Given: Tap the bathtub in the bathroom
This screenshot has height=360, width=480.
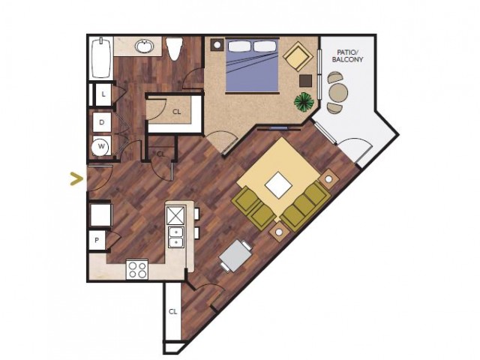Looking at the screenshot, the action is pyautogui.click(x=100, y=58).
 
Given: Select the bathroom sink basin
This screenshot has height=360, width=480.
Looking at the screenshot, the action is pyautogui.click(x=144, y=46).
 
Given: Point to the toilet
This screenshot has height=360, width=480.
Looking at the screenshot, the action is pyautogui.click(x=175, y=48).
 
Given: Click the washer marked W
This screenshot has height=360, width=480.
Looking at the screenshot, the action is pyautogui.click(x=101, y=146).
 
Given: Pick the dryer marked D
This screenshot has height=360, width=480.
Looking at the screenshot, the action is pyautogui.click(x=102, y=122).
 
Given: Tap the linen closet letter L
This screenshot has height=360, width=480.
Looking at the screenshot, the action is pyautogui.click(x=103, y=94).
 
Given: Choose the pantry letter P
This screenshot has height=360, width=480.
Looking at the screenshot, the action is pyautogui.click(x=97, y=240).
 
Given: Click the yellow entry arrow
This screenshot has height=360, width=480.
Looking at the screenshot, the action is pyautogui.click(x=76, y=179).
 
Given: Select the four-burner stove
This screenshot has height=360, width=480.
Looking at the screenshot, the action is pyautogui.click(x=137, y=269).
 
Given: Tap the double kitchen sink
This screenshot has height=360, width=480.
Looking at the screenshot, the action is pyautogui.click(x=176, y=237).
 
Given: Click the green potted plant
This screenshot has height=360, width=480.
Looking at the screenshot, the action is pyautogui.click(x=304, y=102).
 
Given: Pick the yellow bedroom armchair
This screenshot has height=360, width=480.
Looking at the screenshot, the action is pyautogui.click(x=298, y=57).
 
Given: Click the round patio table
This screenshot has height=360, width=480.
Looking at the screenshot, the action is pyautogui.click(x=338, y=91).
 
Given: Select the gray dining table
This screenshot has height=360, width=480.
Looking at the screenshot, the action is pyautogui.click(x=235, y=256).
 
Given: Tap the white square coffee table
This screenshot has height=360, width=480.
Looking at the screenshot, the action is pyautogui.click(x=278, y=184).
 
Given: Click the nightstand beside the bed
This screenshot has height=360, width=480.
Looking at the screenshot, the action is pyautogui.click(x=217, y=45).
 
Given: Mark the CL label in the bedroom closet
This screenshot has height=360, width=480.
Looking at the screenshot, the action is pyautogui.click(x=177, y=112).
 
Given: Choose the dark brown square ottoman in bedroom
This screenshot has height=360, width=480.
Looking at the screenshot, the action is pyautogui.click(x=305, y=80).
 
